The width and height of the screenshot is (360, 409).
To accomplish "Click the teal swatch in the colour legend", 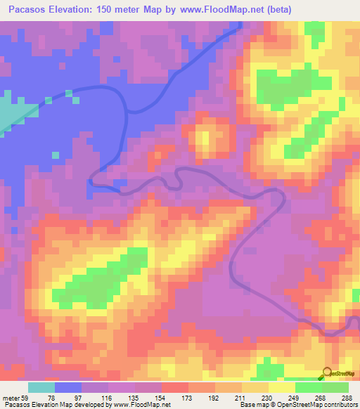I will [x=41, y=388].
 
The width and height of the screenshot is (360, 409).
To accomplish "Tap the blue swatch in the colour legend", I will [x=67, y=388].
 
